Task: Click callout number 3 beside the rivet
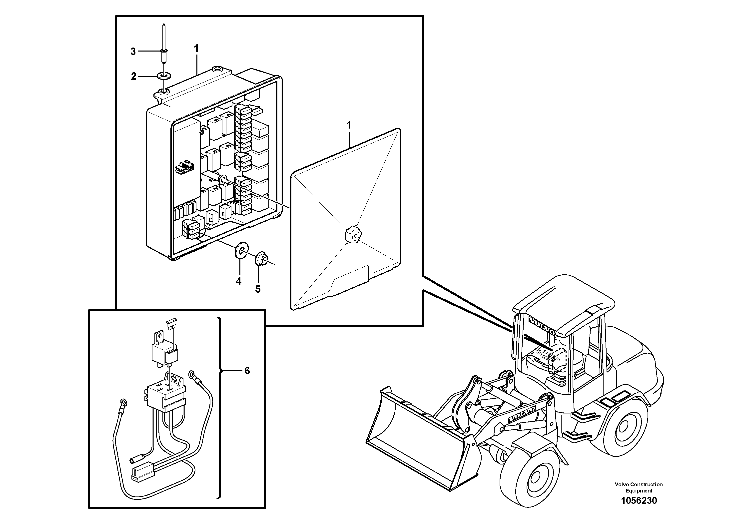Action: tap(133, 52)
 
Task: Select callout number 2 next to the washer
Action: tap(133, 77)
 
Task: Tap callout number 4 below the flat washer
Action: tap(238, 281)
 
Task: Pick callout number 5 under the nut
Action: tap(258, 289)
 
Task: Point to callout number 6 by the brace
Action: tap(247, 371)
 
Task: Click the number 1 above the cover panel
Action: tap(349, 125)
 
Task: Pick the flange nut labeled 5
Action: tap(261, 258)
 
